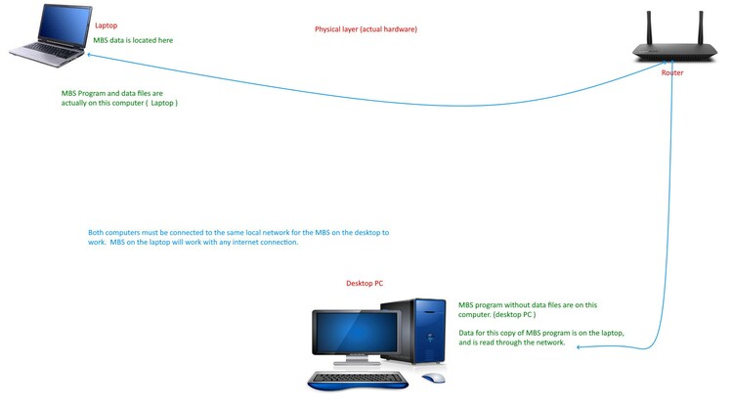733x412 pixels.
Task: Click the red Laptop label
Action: (106, 25)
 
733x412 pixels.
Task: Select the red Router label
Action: (671, 73)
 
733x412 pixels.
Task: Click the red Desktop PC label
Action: (365, 284)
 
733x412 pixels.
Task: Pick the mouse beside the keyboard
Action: (433, 378)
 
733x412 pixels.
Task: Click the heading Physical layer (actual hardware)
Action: (366, 30)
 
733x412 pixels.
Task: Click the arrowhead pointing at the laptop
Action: (66, 63)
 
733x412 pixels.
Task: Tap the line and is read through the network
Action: (512, 343)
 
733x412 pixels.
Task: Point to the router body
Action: (674, 53)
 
